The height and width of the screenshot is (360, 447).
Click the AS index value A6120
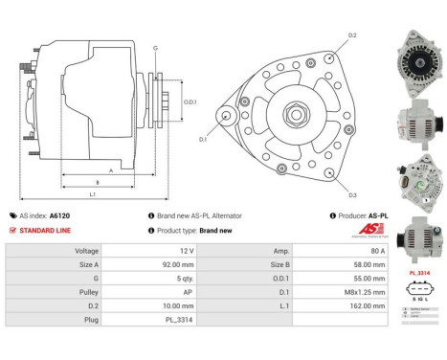pos(60,216)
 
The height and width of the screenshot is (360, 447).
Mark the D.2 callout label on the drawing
pos(351,35)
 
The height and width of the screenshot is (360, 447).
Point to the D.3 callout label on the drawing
pos(352,195)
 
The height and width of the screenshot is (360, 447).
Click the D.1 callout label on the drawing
pos(204,140)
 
